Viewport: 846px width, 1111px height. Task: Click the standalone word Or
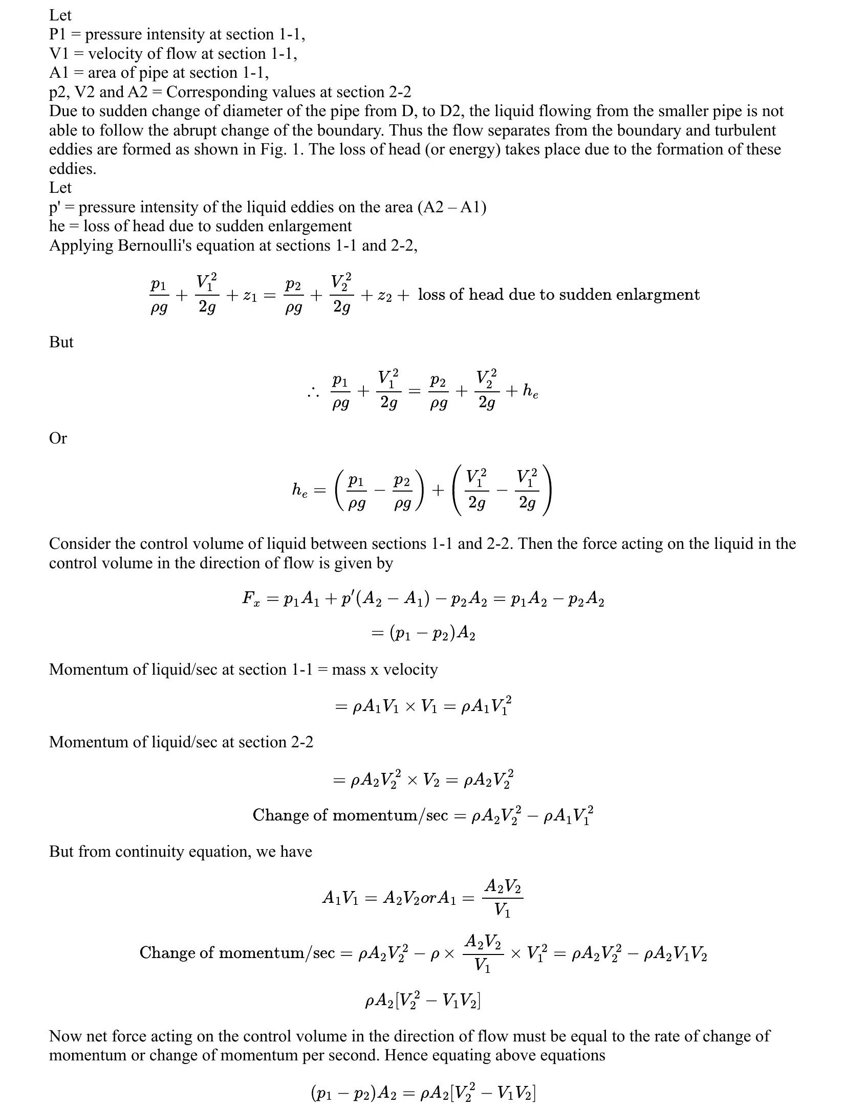click(x=58, y=438)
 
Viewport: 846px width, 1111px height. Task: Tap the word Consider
click(x=80, y=544)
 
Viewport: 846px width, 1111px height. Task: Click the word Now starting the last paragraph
click(x=63, y=1036)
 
